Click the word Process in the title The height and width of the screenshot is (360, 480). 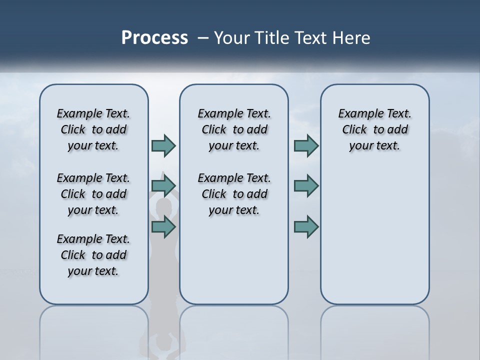[x=154, y=38]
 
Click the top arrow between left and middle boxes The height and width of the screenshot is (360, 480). [x=163, y=145]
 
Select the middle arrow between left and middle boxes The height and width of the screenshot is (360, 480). [x=163, y=185]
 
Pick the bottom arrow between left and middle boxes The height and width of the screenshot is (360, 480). [x=163, y=227]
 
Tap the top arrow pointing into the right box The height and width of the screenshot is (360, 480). [x=306, y=145]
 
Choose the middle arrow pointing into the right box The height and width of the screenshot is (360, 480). [x=306, y=185]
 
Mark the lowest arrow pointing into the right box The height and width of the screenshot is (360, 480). [x=306, y=227]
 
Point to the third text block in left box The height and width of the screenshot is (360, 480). [x=93, y=255]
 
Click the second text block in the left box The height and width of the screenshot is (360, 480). [x=93, y=194]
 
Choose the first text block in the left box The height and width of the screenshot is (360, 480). [x=93, y=129]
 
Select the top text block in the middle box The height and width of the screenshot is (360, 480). [x=234, y=129]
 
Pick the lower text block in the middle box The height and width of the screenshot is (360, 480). [x=234, y=194]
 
